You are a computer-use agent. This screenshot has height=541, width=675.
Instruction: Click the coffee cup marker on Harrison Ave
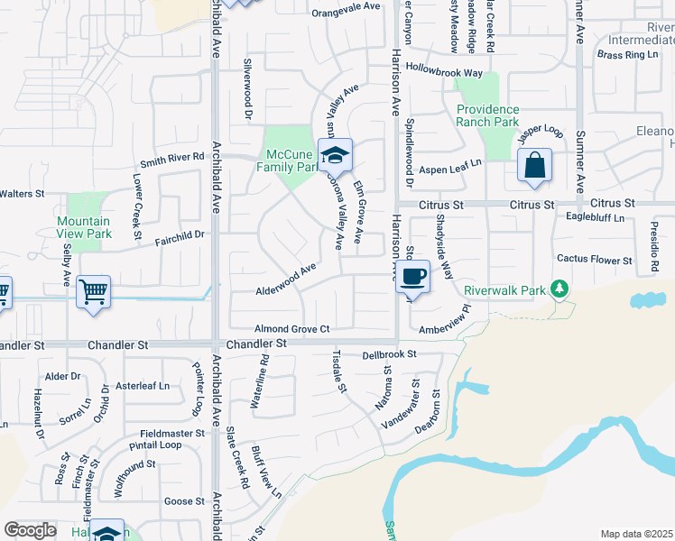tap(412, 276)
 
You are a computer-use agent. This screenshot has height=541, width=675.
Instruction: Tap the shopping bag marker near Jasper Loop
tap(534, 166)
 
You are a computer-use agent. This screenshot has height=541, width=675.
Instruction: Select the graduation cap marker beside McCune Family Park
tap(336, 156)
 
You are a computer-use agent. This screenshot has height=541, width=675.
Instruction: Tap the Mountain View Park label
tap(84, 227)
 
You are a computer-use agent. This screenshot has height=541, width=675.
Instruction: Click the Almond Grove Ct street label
tap(292, 330)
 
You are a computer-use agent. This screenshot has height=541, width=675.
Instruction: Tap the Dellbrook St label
tap(389, 354)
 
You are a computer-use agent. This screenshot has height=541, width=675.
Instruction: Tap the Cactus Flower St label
tap(594, 260)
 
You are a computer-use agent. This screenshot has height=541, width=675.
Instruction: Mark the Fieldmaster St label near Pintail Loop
tap(166, 433)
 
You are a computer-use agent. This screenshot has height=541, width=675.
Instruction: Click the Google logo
tap(30, 530)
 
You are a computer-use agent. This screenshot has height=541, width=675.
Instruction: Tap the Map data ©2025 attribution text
tap(635, 534)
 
